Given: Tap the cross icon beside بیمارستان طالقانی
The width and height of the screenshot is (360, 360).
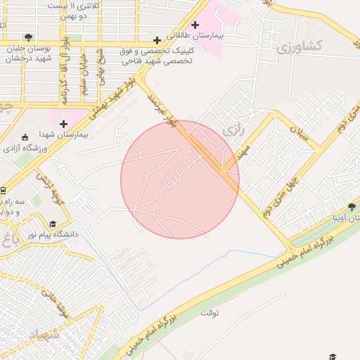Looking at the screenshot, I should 195,25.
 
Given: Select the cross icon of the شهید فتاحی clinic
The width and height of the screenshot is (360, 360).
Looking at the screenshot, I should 156,40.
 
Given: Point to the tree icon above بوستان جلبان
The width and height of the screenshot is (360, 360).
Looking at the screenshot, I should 27,37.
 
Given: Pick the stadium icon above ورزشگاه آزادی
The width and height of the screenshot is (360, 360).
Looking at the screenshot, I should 25,138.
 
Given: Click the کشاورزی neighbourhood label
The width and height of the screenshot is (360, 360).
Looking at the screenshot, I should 300,47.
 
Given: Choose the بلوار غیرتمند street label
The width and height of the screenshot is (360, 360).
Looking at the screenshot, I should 162,109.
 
